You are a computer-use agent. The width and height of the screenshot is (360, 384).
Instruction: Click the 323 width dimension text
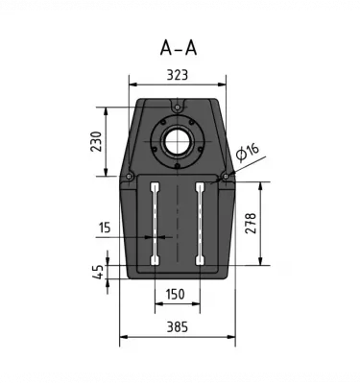177,72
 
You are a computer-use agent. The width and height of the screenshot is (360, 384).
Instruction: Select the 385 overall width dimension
177,326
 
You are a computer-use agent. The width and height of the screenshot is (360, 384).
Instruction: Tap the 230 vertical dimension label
94,141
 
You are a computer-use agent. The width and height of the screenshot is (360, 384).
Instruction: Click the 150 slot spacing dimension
176,294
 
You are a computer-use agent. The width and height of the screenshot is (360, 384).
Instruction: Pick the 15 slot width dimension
104,228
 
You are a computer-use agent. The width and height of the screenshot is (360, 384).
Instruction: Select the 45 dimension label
98,272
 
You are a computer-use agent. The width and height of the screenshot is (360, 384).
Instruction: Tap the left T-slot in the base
154,223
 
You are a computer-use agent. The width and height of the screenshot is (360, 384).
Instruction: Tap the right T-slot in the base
199,223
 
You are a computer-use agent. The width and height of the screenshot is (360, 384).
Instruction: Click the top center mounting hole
177,105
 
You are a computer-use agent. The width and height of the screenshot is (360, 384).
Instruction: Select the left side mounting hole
130,176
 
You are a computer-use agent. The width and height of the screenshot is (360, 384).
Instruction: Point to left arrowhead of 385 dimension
122,338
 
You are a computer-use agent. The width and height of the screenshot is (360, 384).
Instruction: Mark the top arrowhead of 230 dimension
108,101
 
